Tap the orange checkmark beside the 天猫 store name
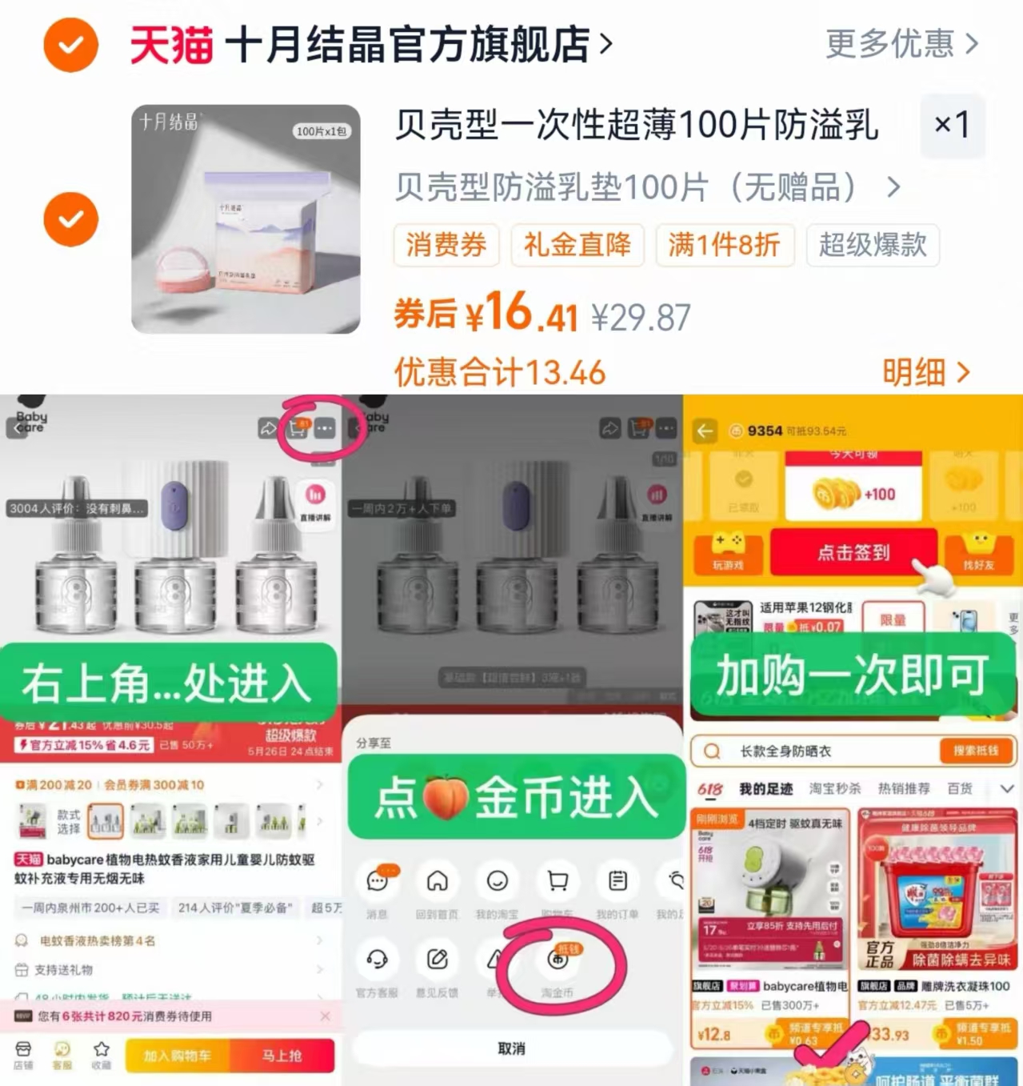point(70,45)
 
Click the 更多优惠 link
point(901,44)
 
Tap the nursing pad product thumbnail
point(246,219)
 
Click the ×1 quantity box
point(952,125)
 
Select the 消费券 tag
point(446,245)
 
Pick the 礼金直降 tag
point(577,245)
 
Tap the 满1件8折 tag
point(724,245)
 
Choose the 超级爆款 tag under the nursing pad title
point(873,245)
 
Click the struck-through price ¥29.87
point(641,318)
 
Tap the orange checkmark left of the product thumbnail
point(70,219)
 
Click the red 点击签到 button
point(853,552)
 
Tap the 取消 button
point(511,1048)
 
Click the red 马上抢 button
point(282,1056)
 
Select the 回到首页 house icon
point(437,881)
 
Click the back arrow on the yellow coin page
point(705,431)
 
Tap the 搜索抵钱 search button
point(975,751)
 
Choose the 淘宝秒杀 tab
point(834,789)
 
